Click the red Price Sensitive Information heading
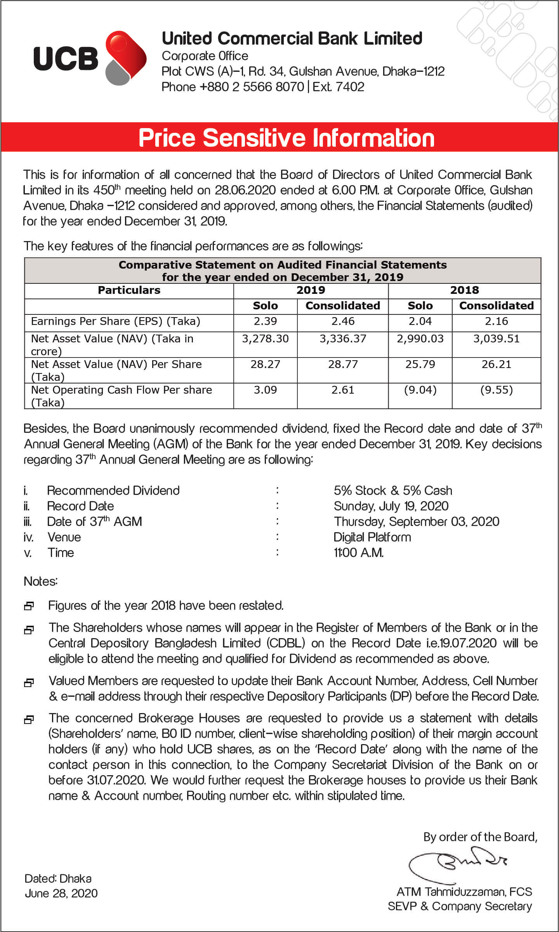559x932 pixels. [286, 138]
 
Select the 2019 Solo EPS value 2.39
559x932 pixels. [265, 321]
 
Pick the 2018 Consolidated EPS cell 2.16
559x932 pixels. [496, 321]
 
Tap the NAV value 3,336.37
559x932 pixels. [343, 339]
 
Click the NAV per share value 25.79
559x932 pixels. [420, 364]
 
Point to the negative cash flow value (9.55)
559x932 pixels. [496, 390]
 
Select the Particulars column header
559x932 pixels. [129, 290]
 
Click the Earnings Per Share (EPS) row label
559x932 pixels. [116, 321]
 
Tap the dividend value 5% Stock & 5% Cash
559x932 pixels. [393, 491]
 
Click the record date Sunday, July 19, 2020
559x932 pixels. [391, 506]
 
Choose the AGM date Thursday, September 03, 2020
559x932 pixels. [417, 522]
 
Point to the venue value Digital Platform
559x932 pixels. [372, 537]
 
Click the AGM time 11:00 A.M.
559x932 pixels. [359, 553]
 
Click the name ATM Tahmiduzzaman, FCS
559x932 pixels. [464, 892]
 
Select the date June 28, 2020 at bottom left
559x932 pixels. [61, 894]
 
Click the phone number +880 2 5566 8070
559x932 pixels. [252, 87]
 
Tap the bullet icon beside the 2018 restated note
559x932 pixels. [29, 606]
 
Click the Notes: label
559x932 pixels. [41, 581]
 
